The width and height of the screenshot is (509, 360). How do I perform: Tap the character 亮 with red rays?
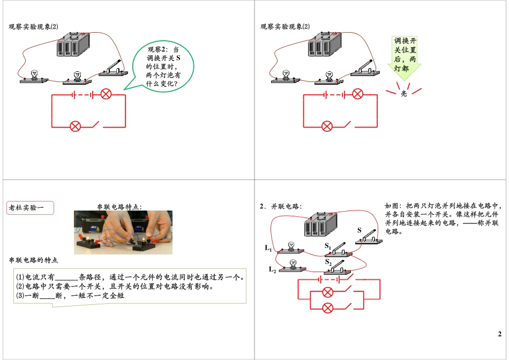[403, 93]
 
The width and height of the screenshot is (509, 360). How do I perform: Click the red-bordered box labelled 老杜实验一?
[31, 207]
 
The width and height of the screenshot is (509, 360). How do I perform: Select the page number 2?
[499, 334]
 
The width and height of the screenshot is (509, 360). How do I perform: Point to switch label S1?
[328, 246]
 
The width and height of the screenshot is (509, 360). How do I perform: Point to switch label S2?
[328, 261]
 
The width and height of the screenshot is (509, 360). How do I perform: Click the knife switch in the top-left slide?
[114, 69]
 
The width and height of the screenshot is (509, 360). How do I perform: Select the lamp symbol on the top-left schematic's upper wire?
[106, 95]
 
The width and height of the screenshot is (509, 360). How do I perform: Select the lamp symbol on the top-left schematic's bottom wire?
[76, 126]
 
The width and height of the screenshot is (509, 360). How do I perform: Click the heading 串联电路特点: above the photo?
[119, 206]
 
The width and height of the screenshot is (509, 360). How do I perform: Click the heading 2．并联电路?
[281, 206]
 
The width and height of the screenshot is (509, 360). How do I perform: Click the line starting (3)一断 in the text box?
[70, 295]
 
